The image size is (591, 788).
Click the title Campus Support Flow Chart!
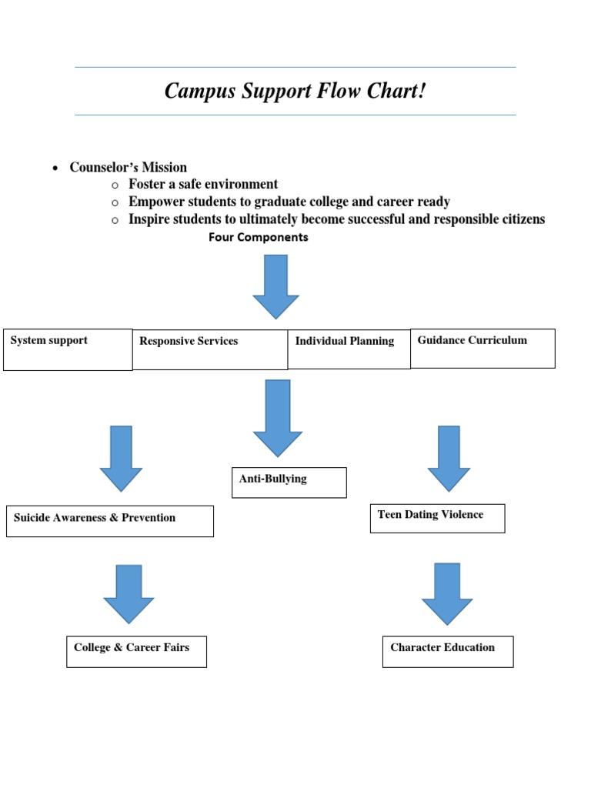pyautogui.click(x=295, y=92)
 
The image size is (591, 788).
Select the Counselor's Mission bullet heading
pyautogui.click(x=128, y=167)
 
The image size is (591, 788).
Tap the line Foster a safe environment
pyautogui.click(x=203, y=185)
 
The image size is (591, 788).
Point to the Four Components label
pyautogui.click(x=258, y=238)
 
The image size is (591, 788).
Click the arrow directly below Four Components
pyautogui.click(x=275, y=285)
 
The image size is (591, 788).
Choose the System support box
pyautogui.click(x=68, y=349)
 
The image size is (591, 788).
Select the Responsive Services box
pyautogui.click(x=210, y=350)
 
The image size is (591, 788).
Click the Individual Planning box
pyautogui.click(x=349, y=350)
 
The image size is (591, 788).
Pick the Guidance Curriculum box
pyautogui.click(x=482, y=349)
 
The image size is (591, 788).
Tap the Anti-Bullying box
pyautogui.click(x=289, y=482)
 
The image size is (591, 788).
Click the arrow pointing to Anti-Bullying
pyautogui.click(x=277, y=417)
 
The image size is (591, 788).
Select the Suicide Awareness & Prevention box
pyautogui.click(x=109, y=521)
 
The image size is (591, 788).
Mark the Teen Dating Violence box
pyautogui.click(x=437, y=518)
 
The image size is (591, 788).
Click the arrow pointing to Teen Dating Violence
pyautogui.click(x=449, y=458)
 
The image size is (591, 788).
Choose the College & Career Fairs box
pyautogui.click(x=136, y=652)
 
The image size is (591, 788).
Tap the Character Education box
pyautogui.click(x=447, y=652)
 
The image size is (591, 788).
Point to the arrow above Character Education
pyautogui.click(x=447, y=593)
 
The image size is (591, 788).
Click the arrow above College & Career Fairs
pyautogui.click(x=129, y=593)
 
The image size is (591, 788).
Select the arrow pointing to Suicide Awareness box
pyautogui.click(x=121, y=458)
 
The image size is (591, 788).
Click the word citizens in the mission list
pyautogui.click(x=520, y=219)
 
